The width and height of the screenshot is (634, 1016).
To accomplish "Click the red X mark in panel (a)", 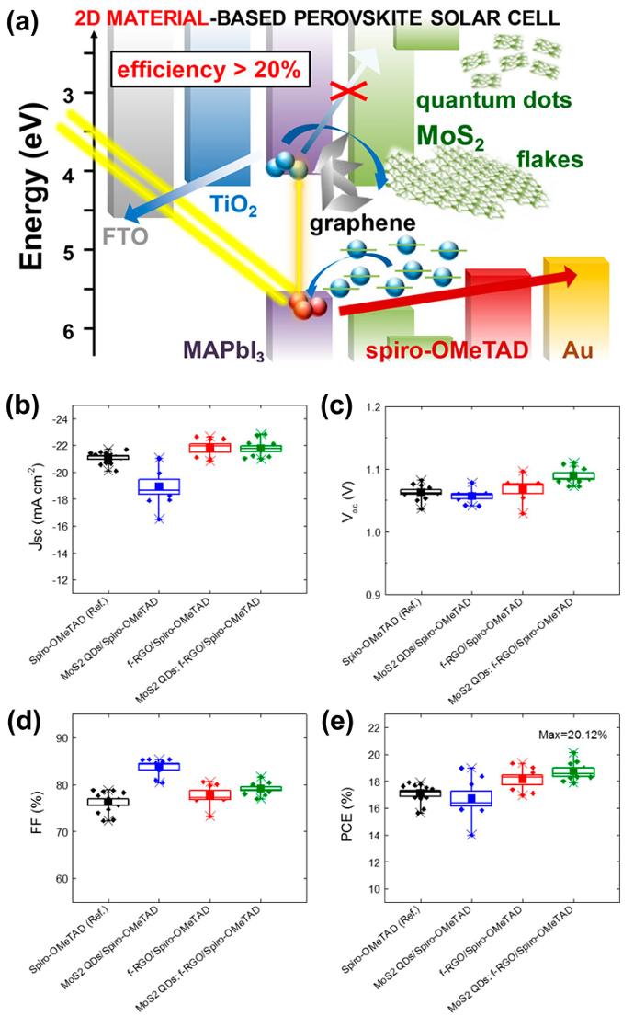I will coord(332,92).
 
